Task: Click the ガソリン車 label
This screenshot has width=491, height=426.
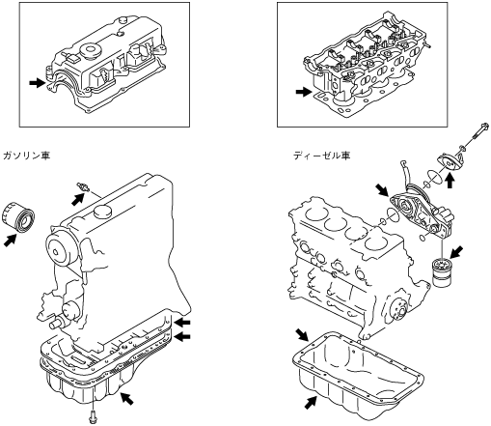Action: (x=26, y=156)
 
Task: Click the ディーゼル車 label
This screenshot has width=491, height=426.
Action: (x=321, y=156)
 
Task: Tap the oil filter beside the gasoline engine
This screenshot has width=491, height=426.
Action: (x=18, y=215)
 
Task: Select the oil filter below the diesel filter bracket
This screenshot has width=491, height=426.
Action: (x=442, y=271)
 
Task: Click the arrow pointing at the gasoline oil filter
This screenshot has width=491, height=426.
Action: (x=11, y=241)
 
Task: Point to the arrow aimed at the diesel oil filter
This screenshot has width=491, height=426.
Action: (x=456, y=252)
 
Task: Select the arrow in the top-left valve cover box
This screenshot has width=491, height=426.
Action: (x=37, y=83)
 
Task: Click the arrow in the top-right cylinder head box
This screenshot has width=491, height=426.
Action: (x=304, y=93)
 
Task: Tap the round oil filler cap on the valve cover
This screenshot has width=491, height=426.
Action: (x=90, y=51)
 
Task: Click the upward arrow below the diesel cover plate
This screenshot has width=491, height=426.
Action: (x=450, y=181)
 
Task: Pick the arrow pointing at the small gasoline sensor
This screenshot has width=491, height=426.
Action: (x=77, y=198)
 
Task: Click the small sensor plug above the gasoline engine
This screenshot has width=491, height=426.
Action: (x=83, y=187)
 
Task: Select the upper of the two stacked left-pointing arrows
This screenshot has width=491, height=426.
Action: (x=182, y=322)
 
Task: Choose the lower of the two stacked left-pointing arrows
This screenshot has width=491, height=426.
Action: (x=182, y=337)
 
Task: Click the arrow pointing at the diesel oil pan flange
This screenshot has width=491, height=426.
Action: (x=302, y=335)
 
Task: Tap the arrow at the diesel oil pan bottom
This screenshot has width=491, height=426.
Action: (x=311, y=403)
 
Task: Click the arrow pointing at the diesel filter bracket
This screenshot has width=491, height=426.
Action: (x=383, y=189)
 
